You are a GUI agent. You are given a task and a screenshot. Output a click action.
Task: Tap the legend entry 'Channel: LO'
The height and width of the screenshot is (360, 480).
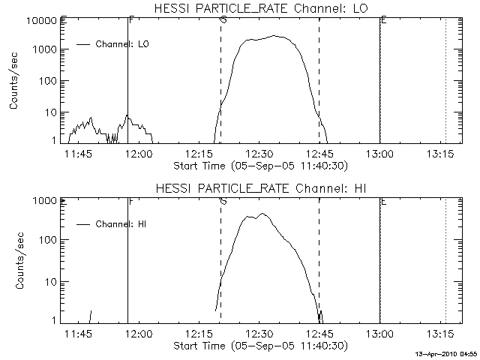pos(123,44)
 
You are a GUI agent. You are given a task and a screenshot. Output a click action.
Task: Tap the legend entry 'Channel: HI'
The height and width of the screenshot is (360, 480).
pos(120,223)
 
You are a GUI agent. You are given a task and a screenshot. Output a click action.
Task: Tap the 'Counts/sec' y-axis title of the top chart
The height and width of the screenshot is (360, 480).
pos(15,81)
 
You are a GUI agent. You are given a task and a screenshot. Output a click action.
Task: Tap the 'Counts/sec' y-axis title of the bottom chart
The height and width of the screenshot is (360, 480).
pos(15,260)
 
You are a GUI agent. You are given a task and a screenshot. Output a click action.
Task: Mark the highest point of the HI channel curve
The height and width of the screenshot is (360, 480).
pos(262,214)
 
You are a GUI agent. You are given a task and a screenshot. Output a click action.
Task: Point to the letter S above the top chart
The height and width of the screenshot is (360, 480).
pos(223,19)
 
